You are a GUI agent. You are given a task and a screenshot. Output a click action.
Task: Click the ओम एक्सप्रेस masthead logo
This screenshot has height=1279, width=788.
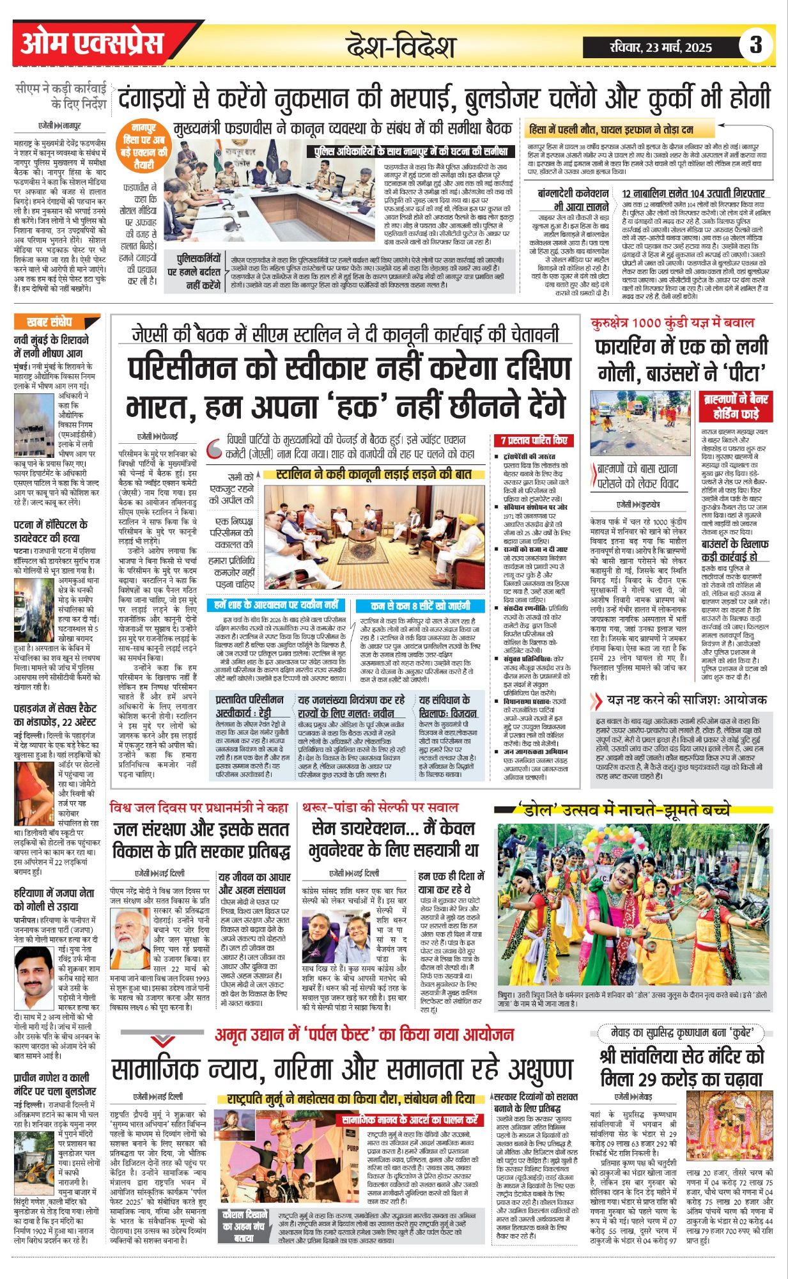click(93, 43)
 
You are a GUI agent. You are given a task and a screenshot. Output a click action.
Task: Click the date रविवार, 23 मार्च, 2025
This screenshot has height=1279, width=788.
click(661, 47)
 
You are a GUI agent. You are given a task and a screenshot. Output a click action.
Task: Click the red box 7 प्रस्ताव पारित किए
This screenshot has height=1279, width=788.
click(534, 440)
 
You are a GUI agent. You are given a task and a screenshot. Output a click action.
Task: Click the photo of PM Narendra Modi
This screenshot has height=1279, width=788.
click(130, 929)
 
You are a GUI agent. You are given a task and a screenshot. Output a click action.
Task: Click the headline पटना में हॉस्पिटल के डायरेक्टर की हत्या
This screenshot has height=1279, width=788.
click(51, 531)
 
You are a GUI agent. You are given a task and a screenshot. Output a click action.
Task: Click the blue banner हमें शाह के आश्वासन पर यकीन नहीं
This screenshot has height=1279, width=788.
click(276, 604)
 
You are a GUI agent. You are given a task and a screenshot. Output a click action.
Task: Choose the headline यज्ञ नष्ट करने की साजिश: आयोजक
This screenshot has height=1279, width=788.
click(679, 699)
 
